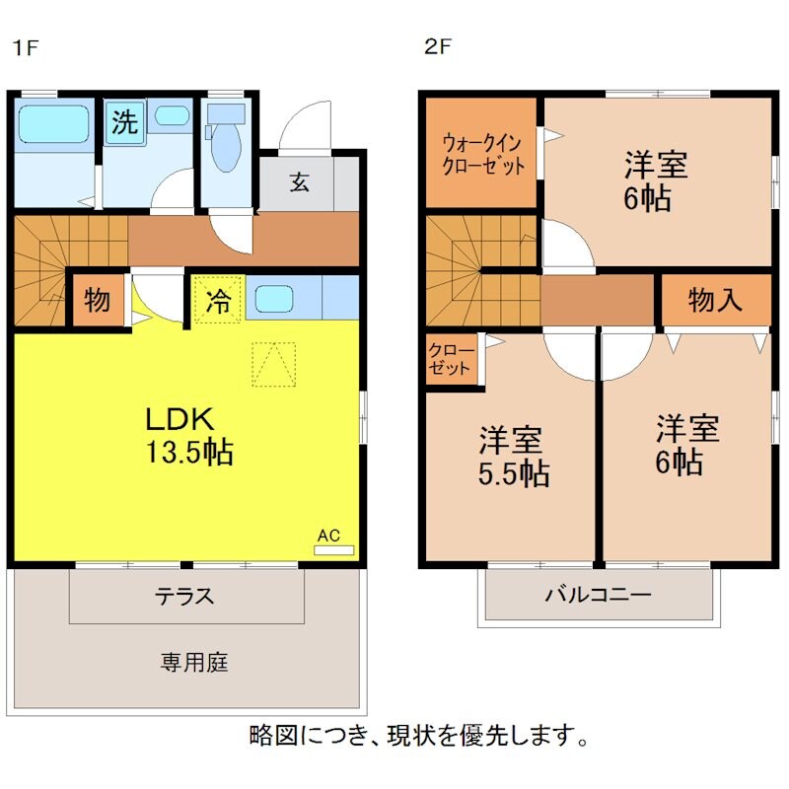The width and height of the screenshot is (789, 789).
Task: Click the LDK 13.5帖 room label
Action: [x=189, y=435]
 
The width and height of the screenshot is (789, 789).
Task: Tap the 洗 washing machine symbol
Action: [x=124, y=123]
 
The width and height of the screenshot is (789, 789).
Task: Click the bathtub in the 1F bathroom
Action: [x=53, y=126]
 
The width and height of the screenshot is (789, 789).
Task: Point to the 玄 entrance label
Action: [x=298, y=182]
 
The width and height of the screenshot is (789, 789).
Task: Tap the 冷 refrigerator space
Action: [x=217, y=301]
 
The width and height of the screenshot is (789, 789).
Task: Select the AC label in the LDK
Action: [x=328, y=537]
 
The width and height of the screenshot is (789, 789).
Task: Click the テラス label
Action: [x=184, y=597]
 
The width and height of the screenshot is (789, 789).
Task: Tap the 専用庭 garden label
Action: [x=194, y=662]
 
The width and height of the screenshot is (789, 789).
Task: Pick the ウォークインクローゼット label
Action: [x=481, y=153]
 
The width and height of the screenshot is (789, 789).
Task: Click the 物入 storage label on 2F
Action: [x=715, y=301]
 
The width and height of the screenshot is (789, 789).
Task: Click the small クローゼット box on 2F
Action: [x=451, y=360]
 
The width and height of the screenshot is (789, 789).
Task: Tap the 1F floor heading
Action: [x=24, y=46]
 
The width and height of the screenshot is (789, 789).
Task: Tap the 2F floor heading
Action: [x=436, y=46]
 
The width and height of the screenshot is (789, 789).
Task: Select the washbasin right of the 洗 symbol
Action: [x=172, y=115]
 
